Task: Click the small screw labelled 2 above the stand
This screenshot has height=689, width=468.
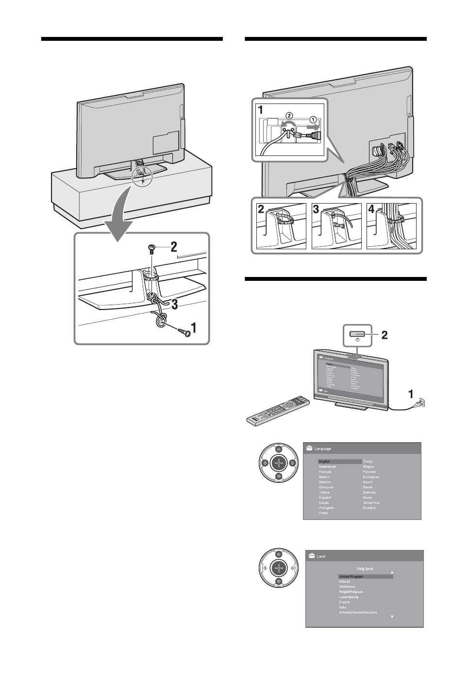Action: pyautogui.click(x=151, y=248)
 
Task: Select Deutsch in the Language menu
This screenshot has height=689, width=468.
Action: pyautogui.click(x=325, y=482)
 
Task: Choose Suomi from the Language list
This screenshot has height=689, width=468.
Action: pyautogui.click(x=368, y=482)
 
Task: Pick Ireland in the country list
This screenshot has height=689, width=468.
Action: pyautogui.click(x=344, y=582)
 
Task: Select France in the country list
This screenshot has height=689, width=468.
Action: pyautogui.click(x=344, y=602)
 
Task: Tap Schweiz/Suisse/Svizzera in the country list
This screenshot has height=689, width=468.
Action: pyautogui.click(x=358, y=612)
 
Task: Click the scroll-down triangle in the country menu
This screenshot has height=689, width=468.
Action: pyautogui.click(x=391, y=617)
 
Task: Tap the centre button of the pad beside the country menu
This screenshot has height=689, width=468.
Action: pyautogui.click(x=278, y=568)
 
